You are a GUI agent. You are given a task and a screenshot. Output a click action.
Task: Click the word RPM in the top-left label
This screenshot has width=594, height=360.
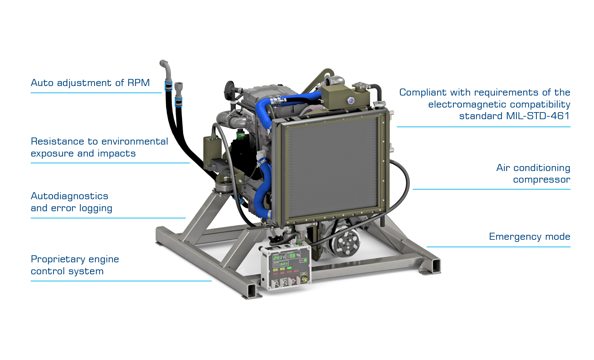click(x=138, y=83)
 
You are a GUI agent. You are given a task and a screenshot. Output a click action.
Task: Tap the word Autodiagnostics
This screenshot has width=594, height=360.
click(x=69, y=196)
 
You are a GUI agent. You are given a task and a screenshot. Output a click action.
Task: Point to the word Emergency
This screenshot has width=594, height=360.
click(x=513, y=237)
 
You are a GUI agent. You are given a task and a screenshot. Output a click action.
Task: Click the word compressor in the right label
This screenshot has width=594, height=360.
click(x=541, y=180)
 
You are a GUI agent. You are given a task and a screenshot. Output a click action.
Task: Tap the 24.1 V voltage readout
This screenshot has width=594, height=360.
click(x=279, y=257)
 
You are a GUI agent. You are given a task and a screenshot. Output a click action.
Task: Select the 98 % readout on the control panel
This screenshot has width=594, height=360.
click(x=294, y=255)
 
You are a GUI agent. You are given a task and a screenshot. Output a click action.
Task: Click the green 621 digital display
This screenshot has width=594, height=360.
click(x=284, y=264)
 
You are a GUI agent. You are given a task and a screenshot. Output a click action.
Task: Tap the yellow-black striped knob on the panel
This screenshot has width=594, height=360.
click(x=304, y=279)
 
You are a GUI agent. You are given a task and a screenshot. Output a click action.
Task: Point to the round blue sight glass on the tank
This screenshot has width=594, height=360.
click(x=351, y=100)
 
